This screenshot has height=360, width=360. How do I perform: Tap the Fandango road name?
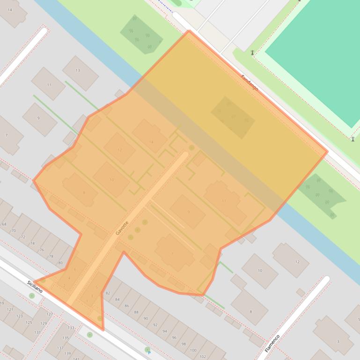[250, 83]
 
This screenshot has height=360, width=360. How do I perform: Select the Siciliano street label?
[35, 287]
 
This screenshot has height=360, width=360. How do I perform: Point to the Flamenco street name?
[272, 343]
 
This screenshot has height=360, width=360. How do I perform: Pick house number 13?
[78, 71]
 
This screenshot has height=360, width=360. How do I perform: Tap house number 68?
[4, 224]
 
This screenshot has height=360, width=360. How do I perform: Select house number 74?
[32, 244]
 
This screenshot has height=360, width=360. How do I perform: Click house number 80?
[60, 263]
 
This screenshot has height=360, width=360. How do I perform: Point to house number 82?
[108, 293]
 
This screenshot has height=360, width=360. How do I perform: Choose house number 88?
[136, 312]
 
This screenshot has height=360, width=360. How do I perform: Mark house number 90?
[146, 318]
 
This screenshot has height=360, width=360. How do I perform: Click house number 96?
[174, 338]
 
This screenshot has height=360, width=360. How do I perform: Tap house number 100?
[193, 350]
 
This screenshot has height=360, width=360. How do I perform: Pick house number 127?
[49, 314]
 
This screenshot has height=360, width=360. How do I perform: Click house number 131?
[37, 332]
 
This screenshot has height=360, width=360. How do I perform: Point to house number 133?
[71, 328]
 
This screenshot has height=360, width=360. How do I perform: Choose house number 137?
[60, 348]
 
